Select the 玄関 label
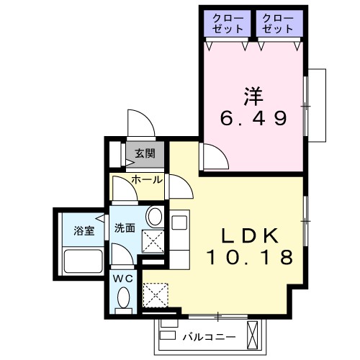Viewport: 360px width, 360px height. [145, 153]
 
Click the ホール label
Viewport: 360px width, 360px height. [147, 179]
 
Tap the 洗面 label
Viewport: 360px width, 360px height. [125, 228]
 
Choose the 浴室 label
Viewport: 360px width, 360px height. [84, 231]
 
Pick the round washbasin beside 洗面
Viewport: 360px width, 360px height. [153, 216]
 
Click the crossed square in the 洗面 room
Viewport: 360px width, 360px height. [153, 242]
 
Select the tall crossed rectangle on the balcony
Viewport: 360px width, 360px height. [253, 332]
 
